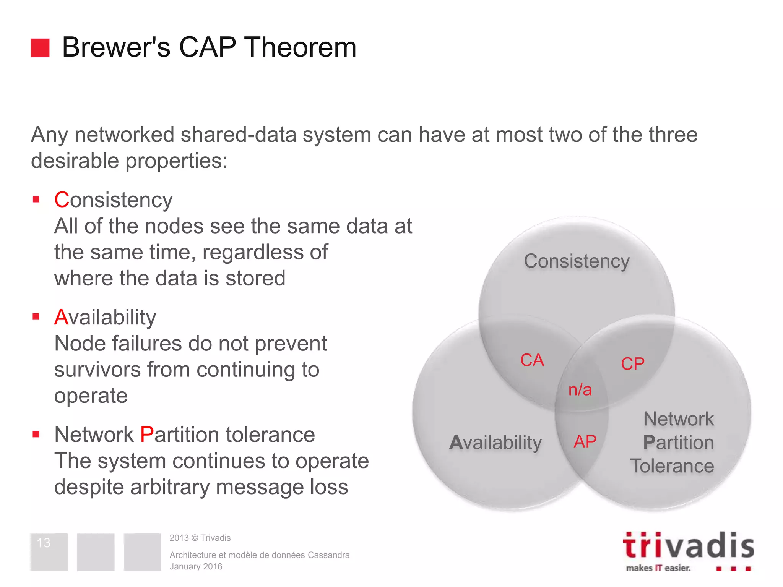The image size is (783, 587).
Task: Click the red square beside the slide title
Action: point(40,48)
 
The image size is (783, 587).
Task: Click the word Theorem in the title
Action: point(300,47)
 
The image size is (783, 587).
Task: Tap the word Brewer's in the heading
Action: point(116,47)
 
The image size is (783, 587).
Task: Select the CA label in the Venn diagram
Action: point(532,360)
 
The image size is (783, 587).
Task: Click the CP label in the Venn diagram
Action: point(632,363)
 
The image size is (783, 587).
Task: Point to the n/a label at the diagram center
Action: point(580,390)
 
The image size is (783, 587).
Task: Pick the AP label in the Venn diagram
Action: point(585,442)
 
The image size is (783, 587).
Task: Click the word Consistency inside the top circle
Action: point(577,261)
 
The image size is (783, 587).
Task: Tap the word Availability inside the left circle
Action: point(495,443)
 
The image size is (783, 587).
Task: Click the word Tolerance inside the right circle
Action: point(672,466)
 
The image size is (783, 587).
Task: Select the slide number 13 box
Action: point(49,551)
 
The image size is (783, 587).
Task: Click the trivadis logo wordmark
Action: point(688,546)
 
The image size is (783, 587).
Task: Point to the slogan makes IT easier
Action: point(658,568)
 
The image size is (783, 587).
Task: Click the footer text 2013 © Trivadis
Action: point(200,538)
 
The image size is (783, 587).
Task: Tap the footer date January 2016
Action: point(196,567)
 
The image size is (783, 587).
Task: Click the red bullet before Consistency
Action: point(36,199)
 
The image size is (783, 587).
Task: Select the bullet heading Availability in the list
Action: point(105,318)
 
